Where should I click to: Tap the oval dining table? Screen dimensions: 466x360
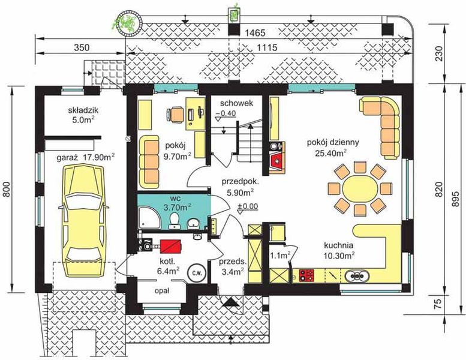pyautogui.click(x=360, y=188)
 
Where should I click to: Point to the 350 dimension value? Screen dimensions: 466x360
pyautogui.click(x=81, y=47)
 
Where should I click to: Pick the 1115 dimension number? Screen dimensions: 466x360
pyautogui.click(x=267, y=47)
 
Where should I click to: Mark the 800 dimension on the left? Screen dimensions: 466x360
pyautogui.click(x=7, y=189)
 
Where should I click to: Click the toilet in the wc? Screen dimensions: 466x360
pyautogui.click(x=174, y=221)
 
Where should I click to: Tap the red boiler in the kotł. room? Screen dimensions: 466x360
pyautogui.click(x=171, y=247)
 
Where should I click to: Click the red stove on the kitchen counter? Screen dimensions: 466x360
pyautogui.click(x=306, y=275)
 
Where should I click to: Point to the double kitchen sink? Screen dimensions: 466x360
pyautogui.click(x=357, y=275)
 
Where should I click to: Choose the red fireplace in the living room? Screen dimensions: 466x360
pyautogui.click(x=276, y=161)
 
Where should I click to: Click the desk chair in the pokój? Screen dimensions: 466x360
pyautogui.click(x=175, y=115)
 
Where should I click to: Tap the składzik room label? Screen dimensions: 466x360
pyautogui.click(x=83, y=110)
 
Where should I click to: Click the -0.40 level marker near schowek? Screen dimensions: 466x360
pyautogui.click(x=226, y=113)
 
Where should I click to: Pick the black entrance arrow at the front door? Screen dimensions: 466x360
pyautogui.click(x=231, y=302)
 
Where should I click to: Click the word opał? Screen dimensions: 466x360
pyautogui.click(x=162, y=291)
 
